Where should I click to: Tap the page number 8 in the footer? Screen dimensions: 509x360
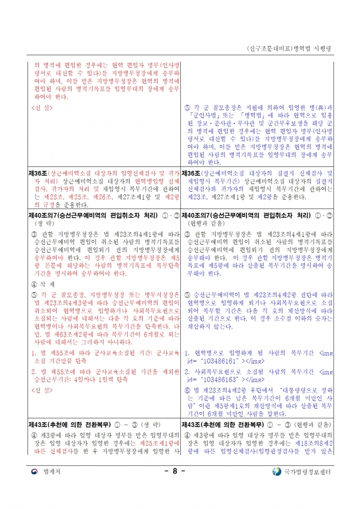[175, 471]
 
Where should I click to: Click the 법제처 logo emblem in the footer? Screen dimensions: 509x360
[35, 471]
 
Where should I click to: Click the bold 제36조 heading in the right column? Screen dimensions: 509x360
[191, 173]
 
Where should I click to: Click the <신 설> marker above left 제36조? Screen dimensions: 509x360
[42, 107]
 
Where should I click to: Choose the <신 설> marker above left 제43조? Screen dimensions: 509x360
[42, 389]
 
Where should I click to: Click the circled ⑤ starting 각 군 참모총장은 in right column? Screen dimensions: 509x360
[187, 108]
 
